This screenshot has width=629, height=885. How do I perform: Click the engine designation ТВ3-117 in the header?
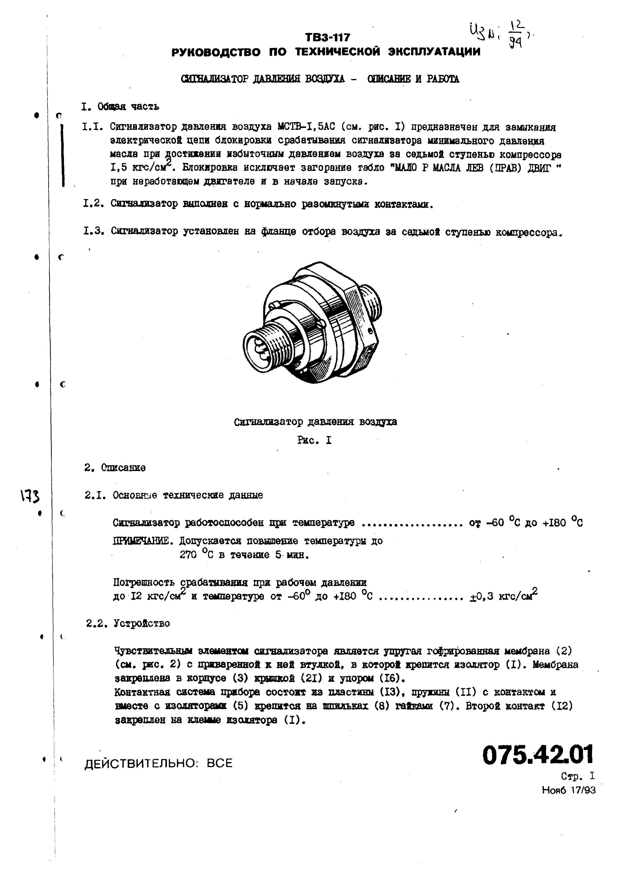point(327,37)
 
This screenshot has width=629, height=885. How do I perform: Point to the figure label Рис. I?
point(314,440)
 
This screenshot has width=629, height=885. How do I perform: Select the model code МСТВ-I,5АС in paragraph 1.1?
point(306,127)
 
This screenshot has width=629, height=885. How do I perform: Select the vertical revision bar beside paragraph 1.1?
point(62,155)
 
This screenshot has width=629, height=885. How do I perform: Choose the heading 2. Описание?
point(115,468)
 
